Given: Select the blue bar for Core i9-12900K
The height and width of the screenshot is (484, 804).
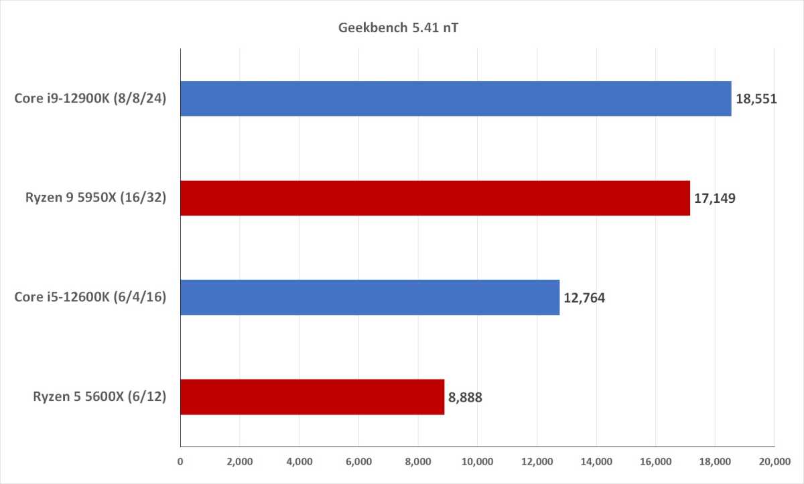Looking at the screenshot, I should point(456,99).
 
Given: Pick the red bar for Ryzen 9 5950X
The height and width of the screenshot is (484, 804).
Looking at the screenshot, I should point(435,198).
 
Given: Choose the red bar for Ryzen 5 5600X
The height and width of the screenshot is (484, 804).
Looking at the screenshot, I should point(312,397).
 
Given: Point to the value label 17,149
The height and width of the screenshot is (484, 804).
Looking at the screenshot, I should point(715,199).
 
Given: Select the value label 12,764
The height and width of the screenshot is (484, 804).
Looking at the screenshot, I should point(584,298).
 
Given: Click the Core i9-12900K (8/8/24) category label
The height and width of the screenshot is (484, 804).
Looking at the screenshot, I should point(90,99).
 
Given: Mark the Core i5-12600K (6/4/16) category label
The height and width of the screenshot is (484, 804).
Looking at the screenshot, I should point(90,298).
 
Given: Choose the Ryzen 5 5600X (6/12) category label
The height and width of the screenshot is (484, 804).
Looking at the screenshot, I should point(100,397).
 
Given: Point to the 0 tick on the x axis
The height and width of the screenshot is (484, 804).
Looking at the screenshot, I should point(180,461).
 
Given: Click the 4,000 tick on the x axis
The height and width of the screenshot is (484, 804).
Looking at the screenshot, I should point(299,461).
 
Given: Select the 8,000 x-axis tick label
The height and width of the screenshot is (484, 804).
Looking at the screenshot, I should point(417,461).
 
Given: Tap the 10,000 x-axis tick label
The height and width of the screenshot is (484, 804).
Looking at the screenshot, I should point(477,461).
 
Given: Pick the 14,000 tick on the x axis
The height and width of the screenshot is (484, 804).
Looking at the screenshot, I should point(596,461).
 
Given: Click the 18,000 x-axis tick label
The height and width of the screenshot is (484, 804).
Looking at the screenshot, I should point(714,461).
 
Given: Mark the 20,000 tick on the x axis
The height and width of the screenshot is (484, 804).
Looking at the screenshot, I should point(774,461).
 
